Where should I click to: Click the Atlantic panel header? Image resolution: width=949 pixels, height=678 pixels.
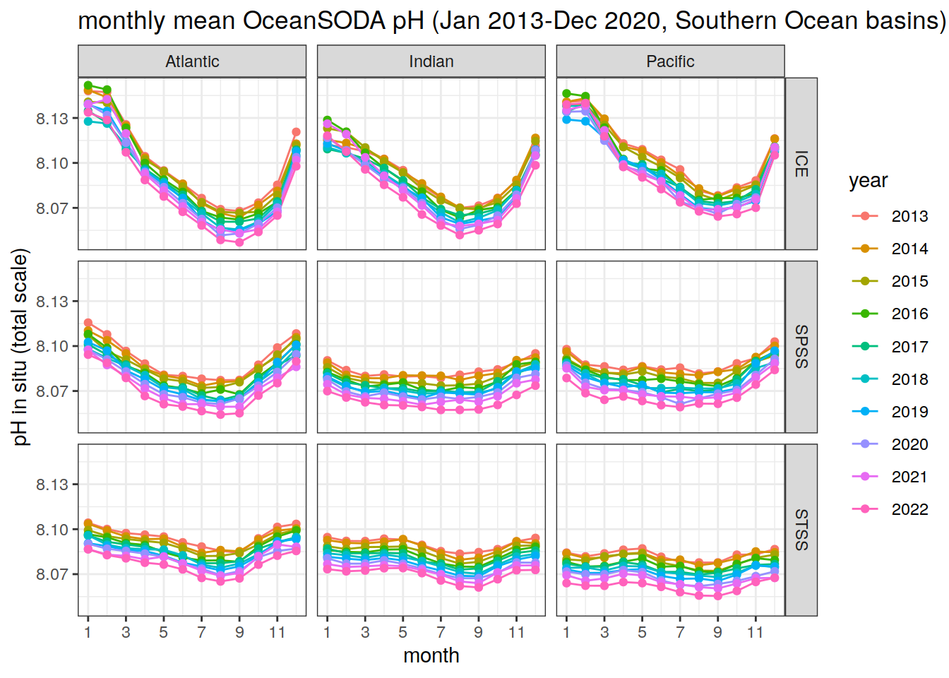point(192,61)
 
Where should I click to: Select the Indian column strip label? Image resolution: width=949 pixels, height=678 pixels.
point(431,61)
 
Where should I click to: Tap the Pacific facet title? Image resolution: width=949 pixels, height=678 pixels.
point(670,61)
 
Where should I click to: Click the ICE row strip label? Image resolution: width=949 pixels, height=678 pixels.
point(801,164)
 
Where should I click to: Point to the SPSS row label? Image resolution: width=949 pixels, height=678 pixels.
point(801,347)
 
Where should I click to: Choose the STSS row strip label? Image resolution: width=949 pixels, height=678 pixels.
point(801,530)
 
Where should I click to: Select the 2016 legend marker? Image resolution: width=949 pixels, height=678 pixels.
point(865,314)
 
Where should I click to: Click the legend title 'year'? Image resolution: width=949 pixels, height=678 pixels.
point(868,181)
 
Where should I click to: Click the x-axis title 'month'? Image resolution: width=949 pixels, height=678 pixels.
point(431,655)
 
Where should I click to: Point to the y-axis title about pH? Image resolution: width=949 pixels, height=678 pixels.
point(21,347)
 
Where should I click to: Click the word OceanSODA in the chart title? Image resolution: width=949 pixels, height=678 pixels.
point(314,21)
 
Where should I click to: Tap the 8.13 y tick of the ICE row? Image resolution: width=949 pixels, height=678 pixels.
point(52,119)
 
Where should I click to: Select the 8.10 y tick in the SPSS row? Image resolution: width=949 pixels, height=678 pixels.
point(52,346)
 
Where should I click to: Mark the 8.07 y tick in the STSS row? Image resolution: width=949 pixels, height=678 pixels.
point(52,574)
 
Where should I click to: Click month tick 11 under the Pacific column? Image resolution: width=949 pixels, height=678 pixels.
point(755,633)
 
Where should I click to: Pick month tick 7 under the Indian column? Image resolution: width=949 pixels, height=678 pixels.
point(441,633)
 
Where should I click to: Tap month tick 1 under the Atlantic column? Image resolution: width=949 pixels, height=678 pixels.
point(88,633)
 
